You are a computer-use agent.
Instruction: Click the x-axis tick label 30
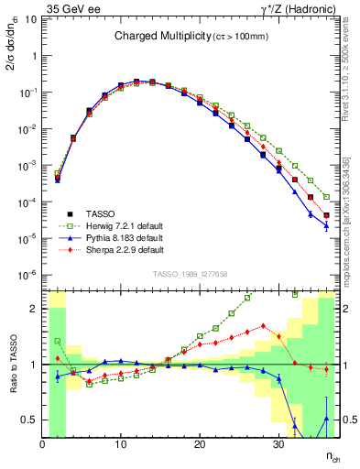(x=278, y=445)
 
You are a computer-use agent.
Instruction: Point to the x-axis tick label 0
(x=42, y=445)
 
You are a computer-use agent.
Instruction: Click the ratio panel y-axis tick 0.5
(x=30, y=420)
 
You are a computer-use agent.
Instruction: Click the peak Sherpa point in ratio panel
(x=263, y=325)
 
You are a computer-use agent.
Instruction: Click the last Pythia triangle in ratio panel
(x=326, y=419)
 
